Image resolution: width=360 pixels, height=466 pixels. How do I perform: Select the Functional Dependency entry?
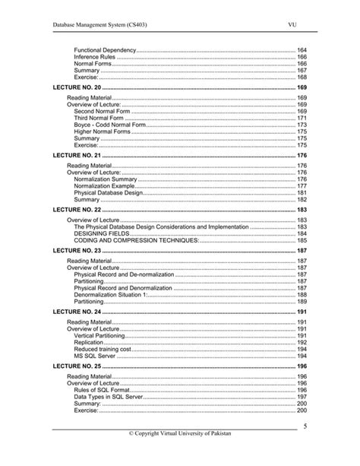click(x=105, y=49)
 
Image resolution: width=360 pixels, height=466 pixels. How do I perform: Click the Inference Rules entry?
click(x=95, y=57)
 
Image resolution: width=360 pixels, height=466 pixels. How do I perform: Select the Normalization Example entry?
click(x=105, y=186)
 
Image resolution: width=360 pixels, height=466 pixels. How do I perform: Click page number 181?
click(x=302, y=193)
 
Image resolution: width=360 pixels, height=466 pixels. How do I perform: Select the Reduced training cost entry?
click(x=103, y=348)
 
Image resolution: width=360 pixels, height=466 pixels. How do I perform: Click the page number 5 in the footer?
click(x=305, y=426)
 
